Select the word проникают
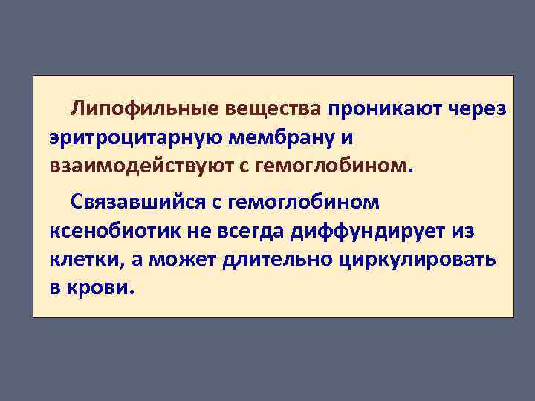[383, 109]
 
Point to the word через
[479, 110]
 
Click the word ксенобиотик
[112, 231]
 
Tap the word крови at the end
[103, 287]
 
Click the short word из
[462, 231]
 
